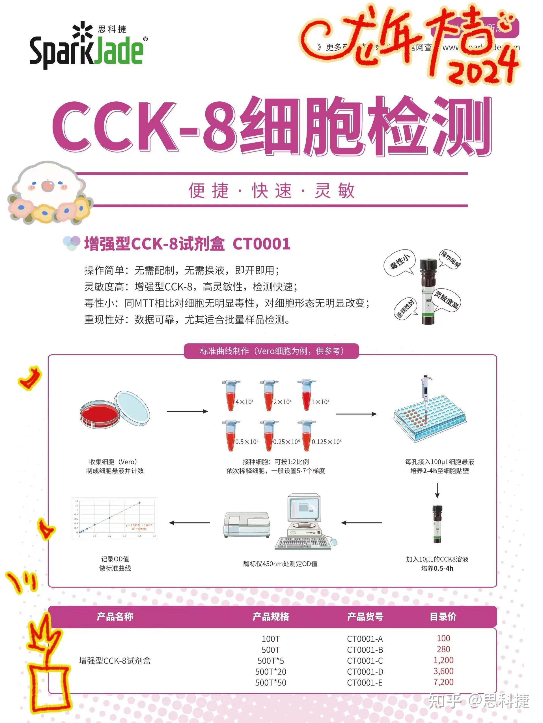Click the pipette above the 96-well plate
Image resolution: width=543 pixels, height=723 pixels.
click(425, 392)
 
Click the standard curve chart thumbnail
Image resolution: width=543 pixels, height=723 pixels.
click(115, 519)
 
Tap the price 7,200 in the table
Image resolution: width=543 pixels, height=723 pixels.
click(443, 682)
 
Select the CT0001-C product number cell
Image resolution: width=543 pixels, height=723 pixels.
click(365, 661)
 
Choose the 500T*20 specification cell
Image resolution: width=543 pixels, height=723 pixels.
click(271, 672)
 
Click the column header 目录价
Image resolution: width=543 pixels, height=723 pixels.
click(443, 617)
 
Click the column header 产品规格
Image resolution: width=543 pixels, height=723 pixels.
click(271, 617)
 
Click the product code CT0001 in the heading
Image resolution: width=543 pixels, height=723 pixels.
click(261, 244)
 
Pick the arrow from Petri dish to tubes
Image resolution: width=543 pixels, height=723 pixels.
click(187, 411)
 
